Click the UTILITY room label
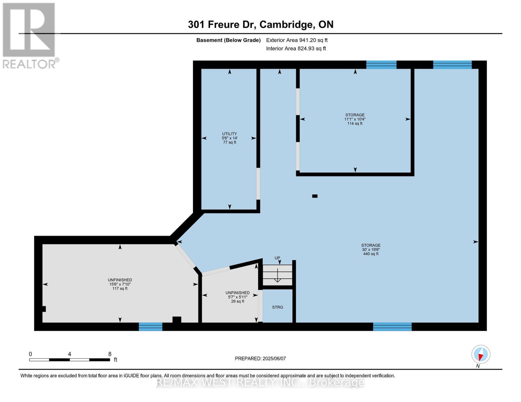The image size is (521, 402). [229, 138]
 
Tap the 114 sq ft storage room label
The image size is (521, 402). [355, 119]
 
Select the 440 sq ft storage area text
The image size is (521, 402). [371, 250]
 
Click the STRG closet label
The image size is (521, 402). [277, 307]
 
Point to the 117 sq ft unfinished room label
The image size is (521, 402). [120, 284]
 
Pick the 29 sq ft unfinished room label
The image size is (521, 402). [238, 297]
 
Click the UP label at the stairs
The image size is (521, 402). [277, 258]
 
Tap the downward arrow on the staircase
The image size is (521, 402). [277, 276]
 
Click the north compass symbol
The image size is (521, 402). [480, 354]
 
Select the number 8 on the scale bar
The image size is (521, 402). [110, 354]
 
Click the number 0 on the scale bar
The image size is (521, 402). [31, 354]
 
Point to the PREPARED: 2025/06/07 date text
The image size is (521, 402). [260, 358]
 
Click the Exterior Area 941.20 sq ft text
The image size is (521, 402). [297, 40]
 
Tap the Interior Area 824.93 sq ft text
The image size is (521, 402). [296, 49]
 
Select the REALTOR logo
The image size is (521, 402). [29, 35]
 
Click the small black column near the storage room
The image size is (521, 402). [315, 196]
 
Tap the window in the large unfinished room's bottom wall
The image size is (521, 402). [151, 327]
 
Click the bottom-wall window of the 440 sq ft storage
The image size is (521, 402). [392, 327]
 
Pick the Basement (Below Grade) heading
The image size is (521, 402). [228, 40]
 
